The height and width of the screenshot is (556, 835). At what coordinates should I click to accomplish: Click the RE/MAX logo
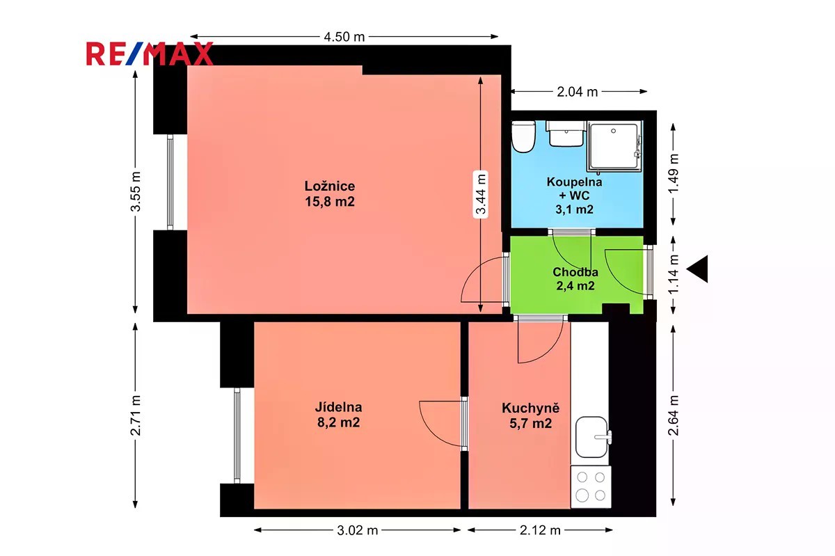coord(150,54)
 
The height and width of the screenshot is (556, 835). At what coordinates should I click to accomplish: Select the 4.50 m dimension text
coord(344,37)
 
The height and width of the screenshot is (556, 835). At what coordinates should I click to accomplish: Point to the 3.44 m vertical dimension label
coord(481,194)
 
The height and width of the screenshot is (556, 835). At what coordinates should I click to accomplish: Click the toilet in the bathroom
coord(523,136)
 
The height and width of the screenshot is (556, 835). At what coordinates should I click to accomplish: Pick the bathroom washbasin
coord(566,134)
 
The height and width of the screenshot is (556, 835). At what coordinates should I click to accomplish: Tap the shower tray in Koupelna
coord(614,147)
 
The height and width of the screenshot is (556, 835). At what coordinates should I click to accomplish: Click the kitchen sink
coord(593,437)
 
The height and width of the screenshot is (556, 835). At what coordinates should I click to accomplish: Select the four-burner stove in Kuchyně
coord(591,486)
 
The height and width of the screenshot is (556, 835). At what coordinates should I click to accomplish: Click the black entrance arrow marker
coord(697,269)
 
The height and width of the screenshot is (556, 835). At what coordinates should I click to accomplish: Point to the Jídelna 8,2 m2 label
coord(338,415)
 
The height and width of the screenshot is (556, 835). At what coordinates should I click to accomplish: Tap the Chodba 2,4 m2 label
coord(575,279)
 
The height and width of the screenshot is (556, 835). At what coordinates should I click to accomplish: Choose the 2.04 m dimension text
coord(578,92)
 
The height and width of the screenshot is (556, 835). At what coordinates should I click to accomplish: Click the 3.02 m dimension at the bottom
coord(358,530)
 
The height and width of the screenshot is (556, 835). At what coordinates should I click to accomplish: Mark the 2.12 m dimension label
coord(540,530)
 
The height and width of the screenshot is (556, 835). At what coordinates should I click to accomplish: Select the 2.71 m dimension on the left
coord(136,415)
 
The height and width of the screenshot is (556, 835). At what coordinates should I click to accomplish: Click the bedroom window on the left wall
coord(170,182)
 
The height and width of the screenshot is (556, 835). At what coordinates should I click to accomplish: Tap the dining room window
coord(237,436)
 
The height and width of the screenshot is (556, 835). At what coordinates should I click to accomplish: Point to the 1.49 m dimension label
coord(674,173)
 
